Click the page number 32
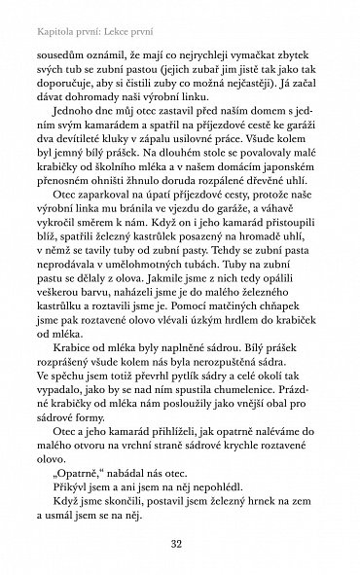point(180,543)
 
